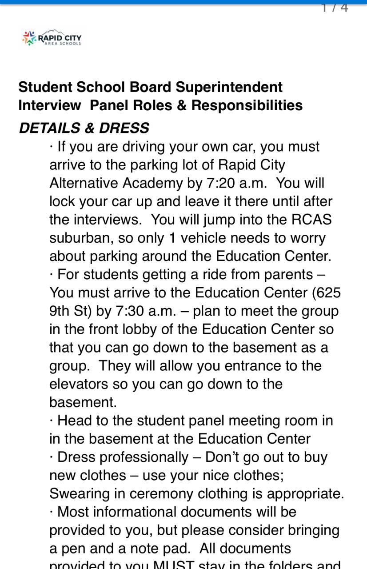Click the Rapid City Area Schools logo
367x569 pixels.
click(x=52, y=38)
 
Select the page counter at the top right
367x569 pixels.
click(x=335, y=7)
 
